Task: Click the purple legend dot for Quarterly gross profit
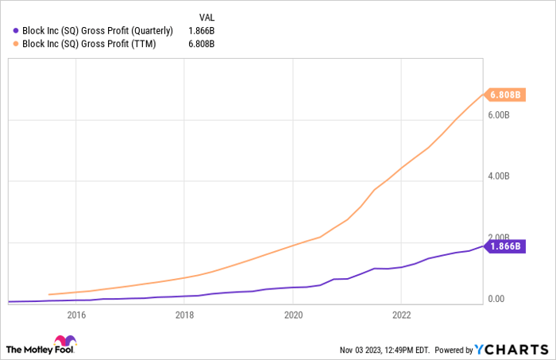[17, 31]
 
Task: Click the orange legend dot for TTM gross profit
[17, 45]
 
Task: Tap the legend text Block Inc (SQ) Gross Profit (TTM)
[88, 45]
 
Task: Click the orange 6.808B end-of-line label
[506, 95]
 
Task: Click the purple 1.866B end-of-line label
[506, 246]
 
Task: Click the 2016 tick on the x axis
[76, 313]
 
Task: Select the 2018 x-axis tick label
[184, 313]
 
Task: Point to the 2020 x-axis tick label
[292, 313]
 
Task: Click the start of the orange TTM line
[49, 294]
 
